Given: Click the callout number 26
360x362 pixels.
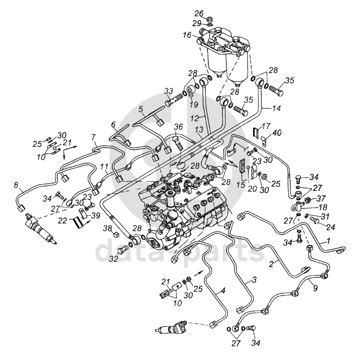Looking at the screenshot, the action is pyautogui.click(x=199, y=14).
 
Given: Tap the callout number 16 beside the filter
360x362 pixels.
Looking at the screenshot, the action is pyautogui.click(x=187, y=35).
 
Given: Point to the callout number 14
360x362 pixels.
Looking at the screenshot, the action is pyautogui.click(x=276, y=108).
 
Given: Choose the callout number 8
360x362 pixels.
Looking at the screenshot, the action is pyautogui.click(x=16, y=185).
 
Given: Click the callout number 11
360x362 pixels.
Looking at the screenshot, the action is pyautogui.click(x=104, y=166).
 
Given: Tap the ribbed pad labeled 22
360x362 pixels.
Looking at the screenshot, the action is pyautogui.click(x=78, y=223).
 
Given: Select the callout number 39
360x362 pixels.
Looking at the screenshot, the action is pyautogui.click(x=95, y=216).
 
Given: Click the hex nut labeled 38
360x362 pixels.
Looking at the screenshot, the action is pyautogui.click(x=116, y=234).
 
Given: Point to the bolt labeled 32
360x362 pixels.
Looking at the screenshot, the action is pyautogui.click(x=123, y=250).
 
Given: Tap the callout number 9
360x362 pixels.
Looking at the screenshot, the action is pyautogui.click(x=315, y=288).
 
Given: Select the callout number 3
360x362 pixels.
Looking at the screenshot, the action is pyautogui.click(x=254, y=280).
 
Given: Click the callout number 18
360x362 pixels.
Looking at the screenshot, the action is pyautogui.click(x=316, y=207).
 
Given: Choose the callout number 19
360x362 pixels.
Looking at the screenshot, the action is pyautogui.click(x=194, y=105).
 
